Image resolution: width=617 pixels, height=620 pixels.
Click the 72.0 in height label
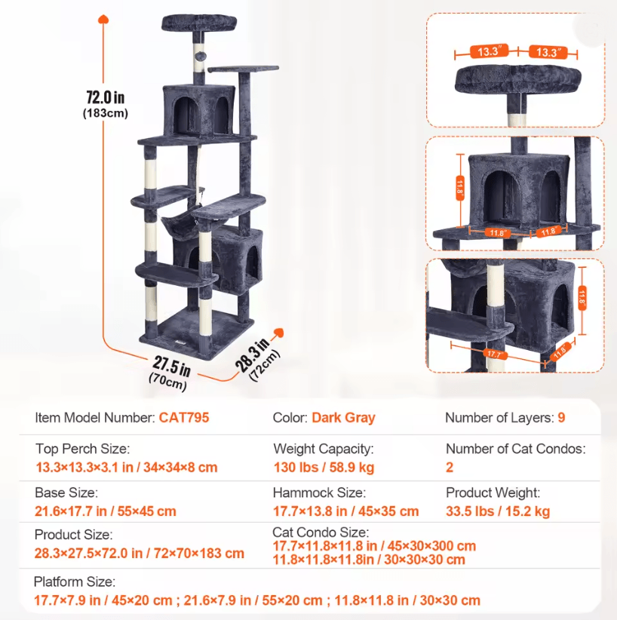click(105, 97)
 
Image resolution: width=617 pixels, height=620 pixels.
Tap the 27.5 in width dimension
click(172, 366)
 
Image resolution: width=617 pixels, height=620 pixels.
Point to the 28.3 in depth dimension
click(252, 355)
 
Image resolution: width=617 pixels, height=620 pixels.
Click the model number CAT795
click(184, 418)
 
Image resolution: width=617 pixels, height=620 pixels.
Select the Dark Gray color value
click(343, 418)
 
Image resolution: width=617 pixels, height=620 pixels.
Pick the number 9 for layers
click(561, 418)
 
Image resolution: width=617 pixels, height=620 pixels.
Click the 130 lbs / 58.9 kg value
click(324, 468)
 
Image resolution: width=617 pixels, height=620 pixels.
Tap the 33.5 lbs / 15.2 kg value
click(498, 511)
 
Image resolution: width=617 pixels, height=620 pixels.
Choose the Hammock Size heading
click(319, 493)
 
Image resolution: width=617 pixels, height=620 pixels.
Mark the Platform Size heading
click(75, 582)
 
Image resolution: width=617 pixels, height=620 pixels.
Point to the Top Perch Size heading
click(83, 449)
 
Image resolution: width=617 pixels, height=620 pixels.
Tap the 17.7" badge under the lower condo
click(494, 354)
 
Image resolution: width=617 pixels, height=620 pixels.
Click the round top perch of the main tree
click(199, 23)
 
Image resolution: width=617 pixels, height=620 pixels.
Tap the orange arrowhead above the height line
click(103, 19)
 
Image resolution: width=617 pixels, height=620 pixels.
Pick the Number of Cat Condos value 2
click(450, 468)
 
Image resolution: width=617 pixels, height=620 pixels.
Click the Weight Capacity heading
click(323, 449)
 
